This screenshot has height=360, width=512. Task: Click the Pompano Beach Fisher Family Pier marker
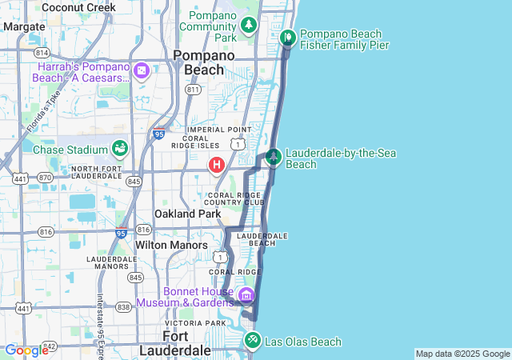coord(288,37)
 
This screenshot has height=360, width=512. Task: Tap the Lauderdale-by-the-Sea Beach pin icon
coord(274,156)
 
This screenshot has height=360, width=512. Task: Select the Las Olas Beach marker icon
coord(253,339)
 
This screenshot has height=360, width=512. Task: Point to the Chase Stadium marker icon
coord(119,148)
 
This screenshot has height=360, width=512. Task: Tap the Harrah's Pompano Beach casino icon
coord(142,71)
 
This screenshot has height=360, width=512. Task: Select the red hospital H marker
coord(216,166)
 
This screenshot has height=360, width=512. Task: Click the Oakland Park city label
coord(188,214)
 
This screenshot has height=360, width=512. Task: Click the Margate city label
coord(24,26)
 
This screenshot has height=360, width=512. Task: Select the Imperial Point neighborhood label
coord(219,130)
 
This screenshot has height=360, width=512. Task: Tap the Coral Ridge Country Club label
coord(236,198)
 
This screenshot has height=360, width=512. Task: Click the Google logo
coord(26,350)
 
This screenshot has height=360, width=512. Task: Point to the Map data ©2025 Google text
coord(462,354)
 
